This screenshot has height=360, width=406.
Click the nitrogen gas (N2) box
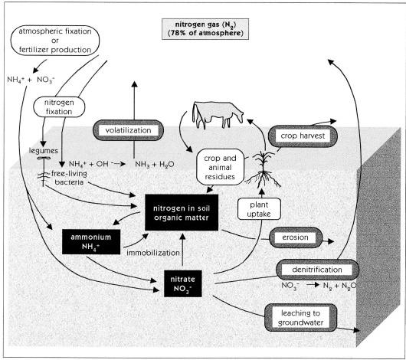205,29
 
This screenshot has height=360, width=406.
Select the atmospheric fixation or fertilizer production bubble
55,41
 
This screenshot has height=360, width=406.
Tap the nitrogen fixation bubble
59,106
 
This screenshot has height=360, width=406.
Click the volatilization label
128,130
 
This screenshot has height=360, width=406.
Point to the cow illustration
217,115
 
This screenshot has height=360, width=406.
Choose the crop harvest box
303,136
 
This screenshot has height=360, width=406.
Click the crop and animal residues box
220,167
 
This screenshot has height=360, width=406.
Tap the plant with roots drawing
264,169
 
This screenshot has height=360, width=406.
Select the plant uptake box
259,209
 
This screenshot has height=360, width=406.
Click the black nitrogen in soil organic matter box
182,212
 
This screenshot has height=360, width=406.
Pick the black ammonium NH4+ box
91,241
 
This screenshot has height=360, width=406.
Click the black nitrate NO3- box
183,283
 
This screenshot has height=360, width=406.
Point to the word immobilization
153,253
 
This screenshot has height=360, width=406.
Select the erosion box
296,237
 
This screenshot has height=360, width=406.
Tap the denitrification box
317,270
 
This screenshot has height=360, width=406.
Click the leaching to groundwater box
300,318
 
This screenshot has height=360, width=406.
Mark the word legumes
43,151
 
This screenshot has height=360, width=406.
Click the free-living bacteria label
69,178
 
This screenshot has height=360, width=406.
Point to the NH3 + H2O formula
155,165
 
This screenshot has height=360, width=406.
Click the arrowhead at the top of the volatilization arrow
134,84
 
